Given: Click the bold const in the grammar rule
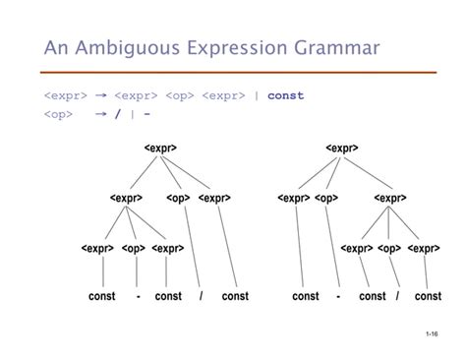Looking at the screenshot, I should pyautogui.click(x=285, y=95).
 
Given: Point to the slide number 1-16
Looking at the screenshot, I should pyautogui.click(x=433, y=336).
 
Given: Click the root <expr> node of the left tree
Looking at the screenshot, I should pyautogui.click(x=159, y=149).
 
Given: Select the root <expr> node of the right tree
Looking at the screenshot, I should pyautogui.click(x=341, y=149).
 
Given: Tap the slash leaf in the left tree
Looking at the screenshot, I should pyautogui.click(x=201, y=296).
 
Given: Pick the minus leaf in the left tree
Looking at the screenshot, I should pyautogui.click(x=138, y=296).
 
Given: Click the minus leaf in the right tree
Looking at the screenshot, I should pyautogui.click(x=337, y=296).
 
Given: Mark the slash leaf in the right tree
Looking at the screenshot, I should pyautogui.click(x=398, y=296).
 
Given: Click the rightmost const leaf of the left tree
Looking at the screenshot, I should pyautogui.click(x=236, y=296).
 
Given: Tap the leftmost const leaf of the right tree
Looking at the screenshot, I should pyautogui.click(x=306, y=296).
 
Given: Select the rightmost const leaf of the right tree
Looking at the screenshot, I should pyautogui.click(x=428, y=296).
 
